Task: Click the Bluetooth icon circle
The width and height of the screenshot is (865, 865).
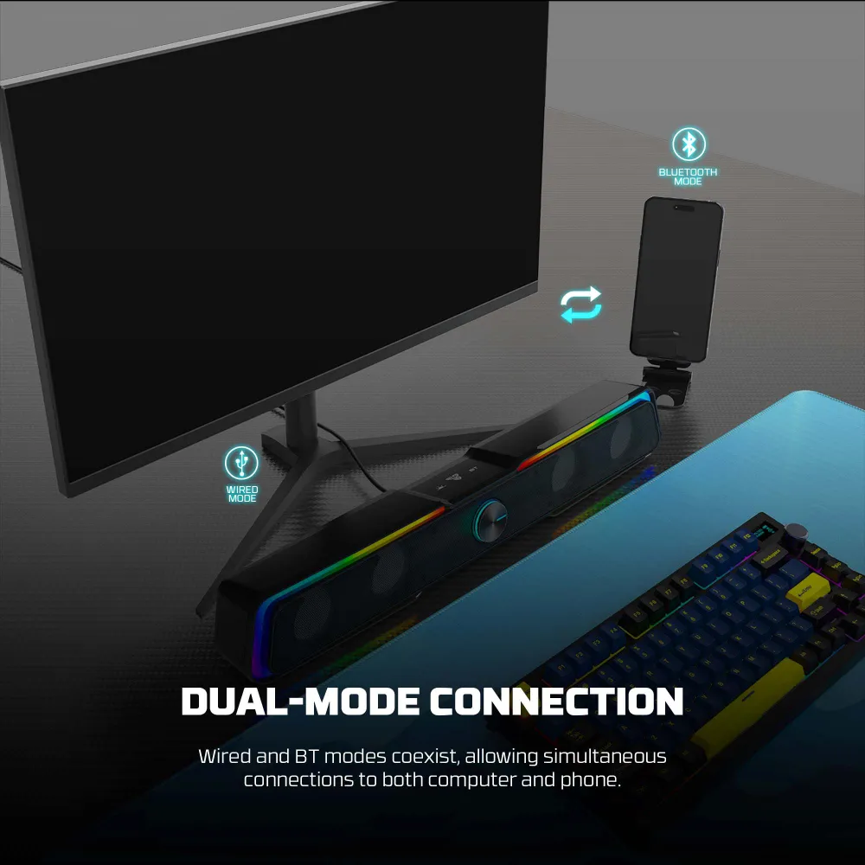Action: [x=689, y=144]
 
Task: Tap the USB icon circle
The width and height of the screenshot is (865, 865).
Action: [x=241, y=463]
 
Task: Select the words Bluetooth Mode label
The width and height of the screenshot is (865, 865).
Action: [x=688, y=176]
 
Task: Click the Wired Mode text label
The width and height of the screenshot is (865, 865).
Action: [x=242, y=494]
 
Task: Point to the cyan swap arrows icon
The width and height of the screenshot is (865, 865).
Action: [x=581, y=304]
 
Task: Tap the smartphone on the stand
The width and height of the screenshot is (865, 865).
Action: [x=676, y=279]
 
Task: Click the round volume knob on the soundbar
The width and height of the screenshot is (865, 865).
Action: [x=490, y=521]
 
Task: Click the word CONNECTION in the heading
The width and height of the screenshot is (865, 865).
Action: [x=556, y=702]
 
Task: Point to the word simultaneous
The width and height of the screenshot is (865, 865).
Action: [x=605, y=756]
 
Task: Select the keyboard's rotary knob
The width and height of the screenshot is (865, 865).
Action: [x=798, y=533]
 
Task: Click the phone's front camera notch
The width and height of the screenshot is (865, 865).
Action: [x=684, y=208]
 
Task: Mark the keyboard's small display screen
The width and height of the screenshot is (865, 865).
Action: [x=766, y=533]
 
